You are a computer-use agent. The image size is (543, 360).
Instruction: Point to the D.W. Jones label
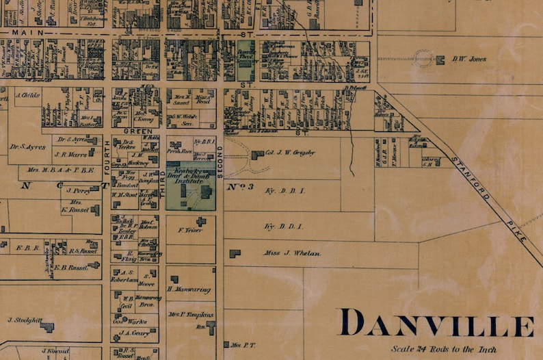pos(469,59)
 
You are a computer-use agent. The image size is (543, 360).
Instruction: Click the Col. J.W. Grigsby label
pos(290,153)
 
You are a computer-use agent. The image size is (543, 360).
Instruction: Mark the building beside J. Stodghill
pos(47,327)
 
